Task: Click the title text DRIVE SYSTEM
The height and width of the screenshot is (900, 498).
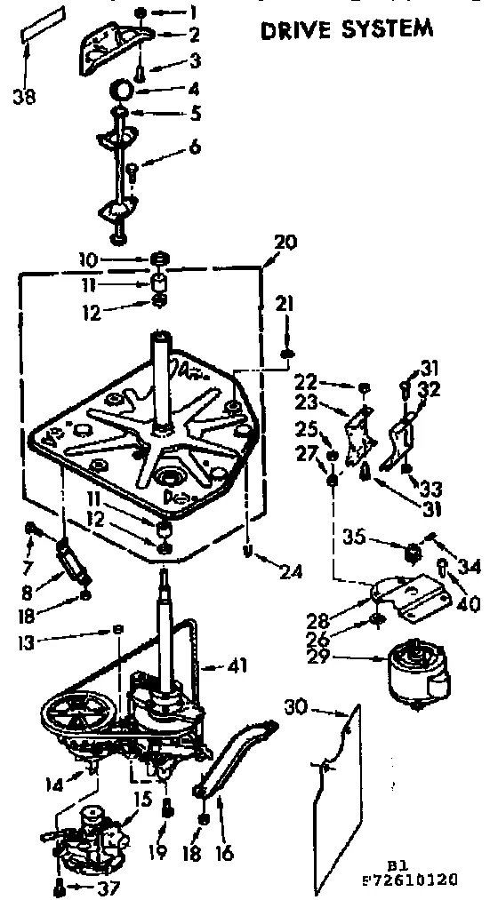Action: click(x=347, y=29)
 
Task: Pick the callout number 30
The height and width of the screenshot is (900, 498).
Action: click(x=299, y=706)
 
